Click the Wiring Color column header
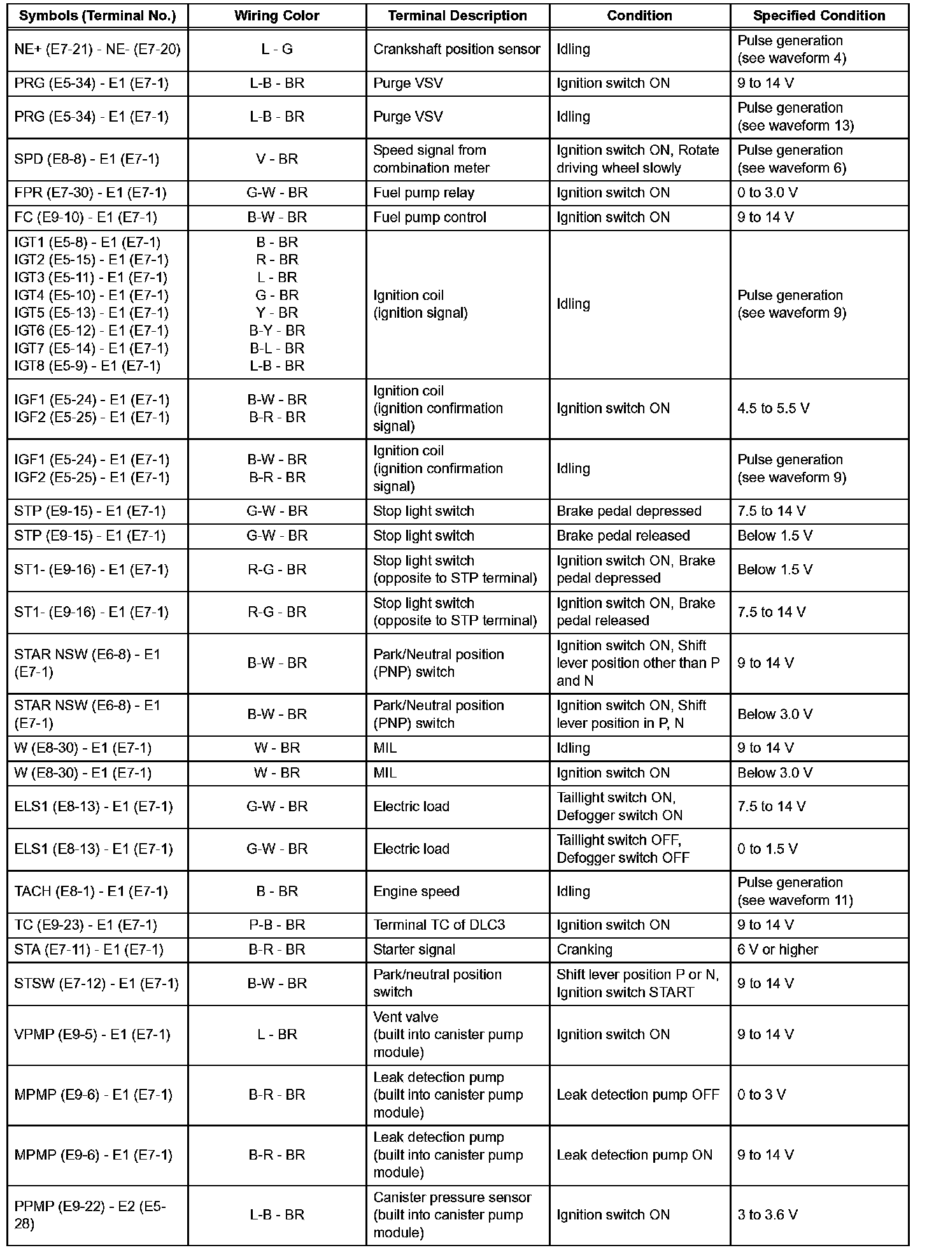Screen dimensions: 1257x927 pos(276,16)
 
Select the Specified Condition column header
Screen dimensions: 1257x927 pos(819,16)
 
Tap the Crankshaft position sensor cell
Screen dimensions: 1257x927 pos(456,49)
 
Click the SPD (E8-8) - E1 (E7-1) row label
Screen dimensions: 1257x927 pos(87,159)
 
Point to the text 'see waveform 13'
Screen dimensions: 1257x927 pos(795,125)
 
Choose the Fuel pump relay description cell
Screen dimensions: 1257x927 pos(423,193)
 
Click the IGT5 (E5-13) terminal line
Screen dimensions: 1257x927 pos(92,313)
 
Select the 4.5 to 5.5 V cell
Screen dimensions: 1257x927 pos(773,408)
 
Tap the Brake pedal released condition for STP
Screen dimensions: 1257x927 pos(623,536)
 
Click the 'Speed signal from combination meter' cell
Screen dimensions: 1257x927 pos(431,159)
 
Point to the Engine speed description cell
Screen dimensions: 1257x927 pos(416,891)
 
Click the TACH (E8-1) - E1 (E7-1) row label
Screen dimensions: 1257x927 pos(91,891)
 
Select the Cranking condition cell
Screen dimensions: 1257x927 pos(584,949)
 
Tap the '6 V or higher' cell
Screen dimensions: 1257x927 pos(777,949)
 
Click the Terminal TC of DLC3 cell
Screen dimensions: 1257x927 pos(439,925)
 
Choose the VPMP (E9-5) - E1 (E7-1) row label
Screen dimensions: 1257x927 pos(92,1035)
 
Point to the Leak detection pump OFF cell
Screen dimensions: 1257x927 pos(637,1095)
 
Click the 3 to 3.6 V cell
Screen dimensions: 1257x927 pos(767,1215)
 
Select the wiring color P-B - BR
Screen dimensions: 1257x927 pos(276,925)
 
